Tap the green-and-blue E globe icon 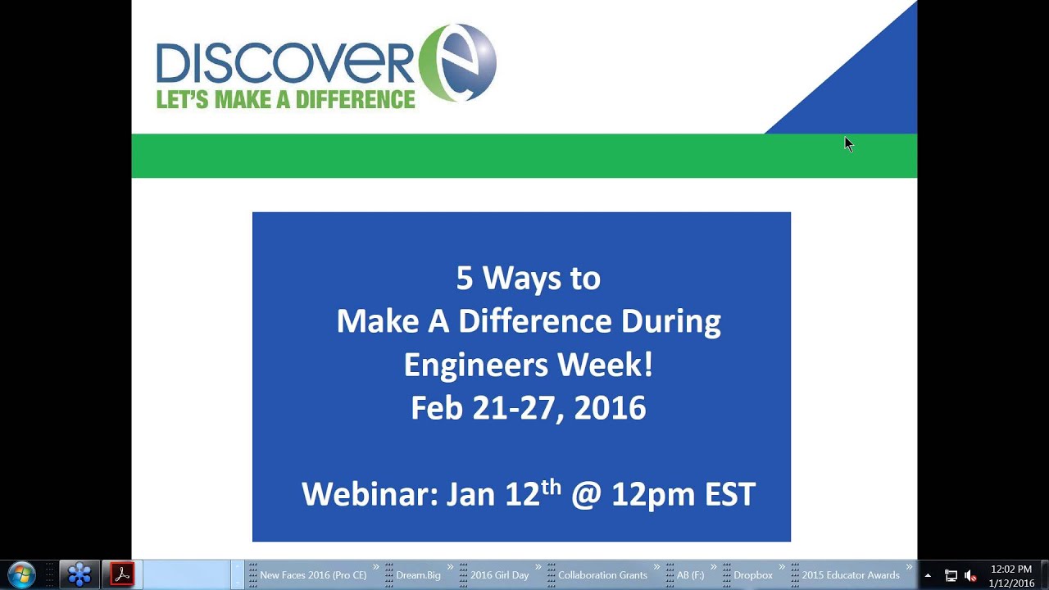pos(458,63)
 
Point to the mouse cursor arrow pos(848,143)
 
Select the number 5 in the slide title pos(465,279)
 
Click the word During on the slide pos(671,321)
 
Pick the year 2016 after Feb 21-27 pos(610,408)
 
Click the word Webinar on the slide pos(369,494)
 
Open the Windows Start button pos(22,574)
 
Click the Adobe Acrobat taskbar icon pos(122,574)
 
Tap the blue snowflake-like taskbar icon pos(79,574)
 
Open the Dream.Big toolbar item pos(418,575)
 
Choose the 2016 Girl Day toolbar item pos(499,575)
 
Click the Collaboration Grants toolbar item pos(602,575)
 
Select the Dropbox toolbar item pos(752,575)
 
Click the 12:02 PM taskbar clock pos(1011,570)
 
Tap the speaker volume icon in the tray pos(970,575)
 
